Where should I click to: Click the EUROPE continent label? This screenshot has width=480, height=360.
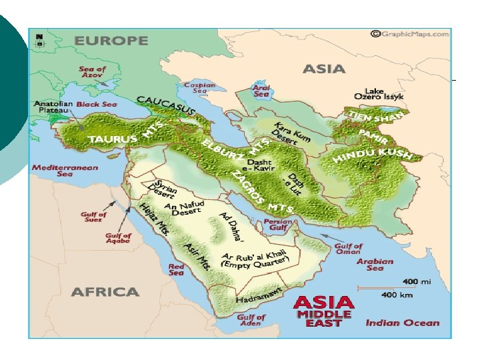(x=111, y=41)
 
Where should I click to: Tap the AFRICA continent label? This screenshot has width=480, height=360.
(x=105, y=292)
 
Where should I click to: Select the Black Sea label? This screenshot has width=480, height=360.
(x=97, y=105)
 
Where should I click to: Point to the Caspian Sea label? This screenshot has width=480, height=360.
(x=200, y=88)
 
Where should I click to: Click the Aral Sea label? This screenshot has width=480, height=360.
(x=261, y=91)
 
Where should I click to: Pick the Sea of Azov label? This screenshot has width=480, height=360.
(x=92, y=72)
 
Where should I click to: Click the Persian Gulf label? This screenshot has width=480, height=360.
(x=278, y=225)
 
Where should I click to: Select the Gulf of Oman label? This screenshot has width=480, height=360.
(x=349, y=249)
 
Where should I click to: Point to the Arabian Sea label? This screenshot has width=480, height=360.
(x=375, y=265)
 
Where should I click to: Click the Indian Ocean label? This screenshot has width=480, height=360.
(x=403, y=323)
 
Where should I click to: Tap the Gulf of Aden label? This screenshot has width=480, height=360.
(x=251, y=321)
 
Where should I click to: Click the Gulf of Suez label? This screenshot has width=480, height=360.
(x=93, y=218)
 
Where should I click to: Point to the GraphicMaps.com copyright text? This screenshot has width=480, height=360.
(x=411, y=34)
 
